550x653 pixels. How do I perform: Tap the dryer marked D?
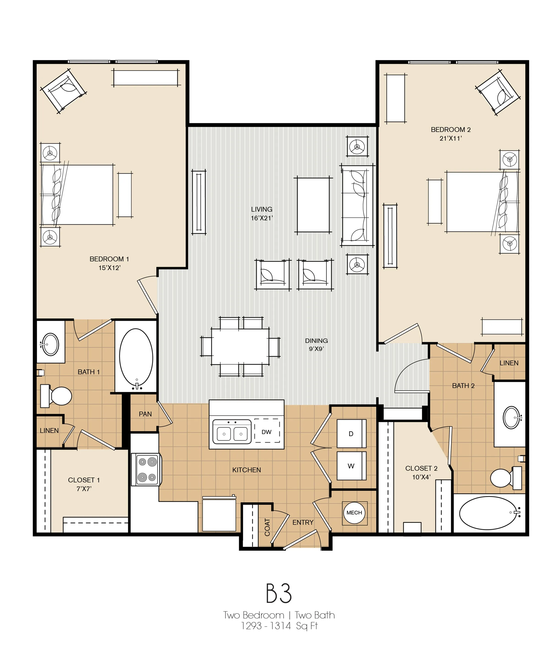351,434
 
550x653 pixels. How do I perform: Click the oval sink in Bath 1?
50,344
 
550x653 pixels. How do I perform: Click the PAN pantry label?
145,414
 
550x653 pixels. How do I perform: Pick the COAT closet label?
267,527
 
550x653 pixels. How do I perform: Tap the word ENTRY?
303,522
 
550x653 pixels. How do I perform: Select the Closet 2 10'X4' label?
421,473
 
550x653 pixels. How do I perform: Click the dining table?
240,346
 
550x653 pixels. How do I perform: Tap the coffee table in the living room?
313,205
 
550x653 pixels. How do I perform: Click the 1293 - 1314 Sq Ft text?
279,626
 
